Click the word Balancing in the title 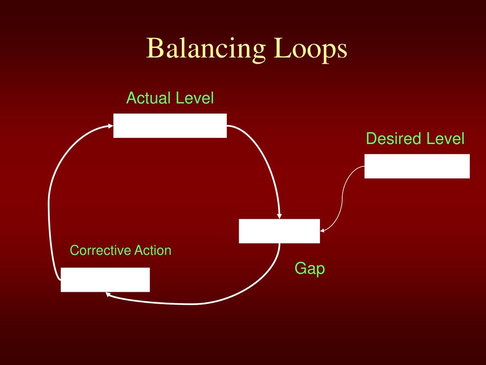coord(206,49)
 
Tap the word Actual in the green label coord(148,98)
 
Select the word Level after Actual coord(195,98)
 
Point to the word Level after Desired coord(445,139)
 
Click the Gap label coord(309,269)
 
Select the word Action coord(152,250)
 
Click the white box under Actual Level coord(170,126)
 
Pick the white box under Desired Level coord(417,166)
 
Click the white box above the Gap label coord(279,231)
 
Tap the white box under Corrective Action coord(105,279)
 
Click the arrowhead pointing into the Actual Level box coord(110,126)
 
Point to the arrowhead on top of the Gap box coord(280,216)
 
